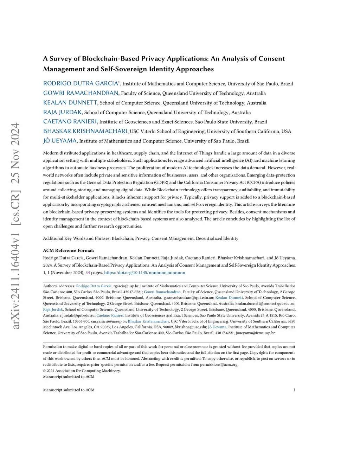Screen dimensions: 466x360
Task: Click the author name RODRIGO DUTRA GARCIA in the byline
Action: pyautogui.click(x=81, y=83)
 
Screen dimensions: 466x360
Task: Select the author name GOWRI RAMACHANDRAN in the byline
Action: pyautogui.click(x=81, y=93)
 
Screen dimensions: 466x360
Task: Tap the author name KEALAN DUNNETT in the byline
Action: pyautogui.click(x=70, y=102)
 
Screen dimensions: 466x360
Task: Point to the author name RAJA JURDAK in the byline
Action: pyautogui.click(x=62, y=112)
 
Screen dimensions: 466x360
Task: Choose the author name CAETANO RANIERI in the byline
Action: pyautogui.click(x=70, y=122)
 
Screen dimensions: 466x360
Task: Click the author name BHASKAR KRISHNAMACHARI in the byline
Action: pyautogui.click(x=85, y=131)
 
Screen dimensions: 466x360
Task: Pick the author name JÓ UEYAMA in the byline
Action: pyautogui.click(x=60, y=141)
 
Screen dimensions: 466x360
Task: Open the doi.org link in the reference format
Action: pyautogui.click(x=144, y=273)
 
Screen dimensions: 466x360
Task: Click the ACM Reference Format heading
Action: pyautogui.click(x=69, y=250)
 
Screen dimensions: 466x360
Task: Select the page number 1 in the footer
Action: pyautogui.click(x=294, y=390)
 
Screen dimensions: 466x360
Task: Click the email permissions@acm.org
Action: pyautogui.click(x=219, y=364)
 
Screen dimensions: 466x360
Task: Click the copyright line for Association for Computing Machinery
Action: pyautogui.click(x=82, y=370)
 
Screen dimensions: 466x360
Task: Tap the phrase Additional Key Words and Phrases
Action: pyautogui.click(x=76, y=238)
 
